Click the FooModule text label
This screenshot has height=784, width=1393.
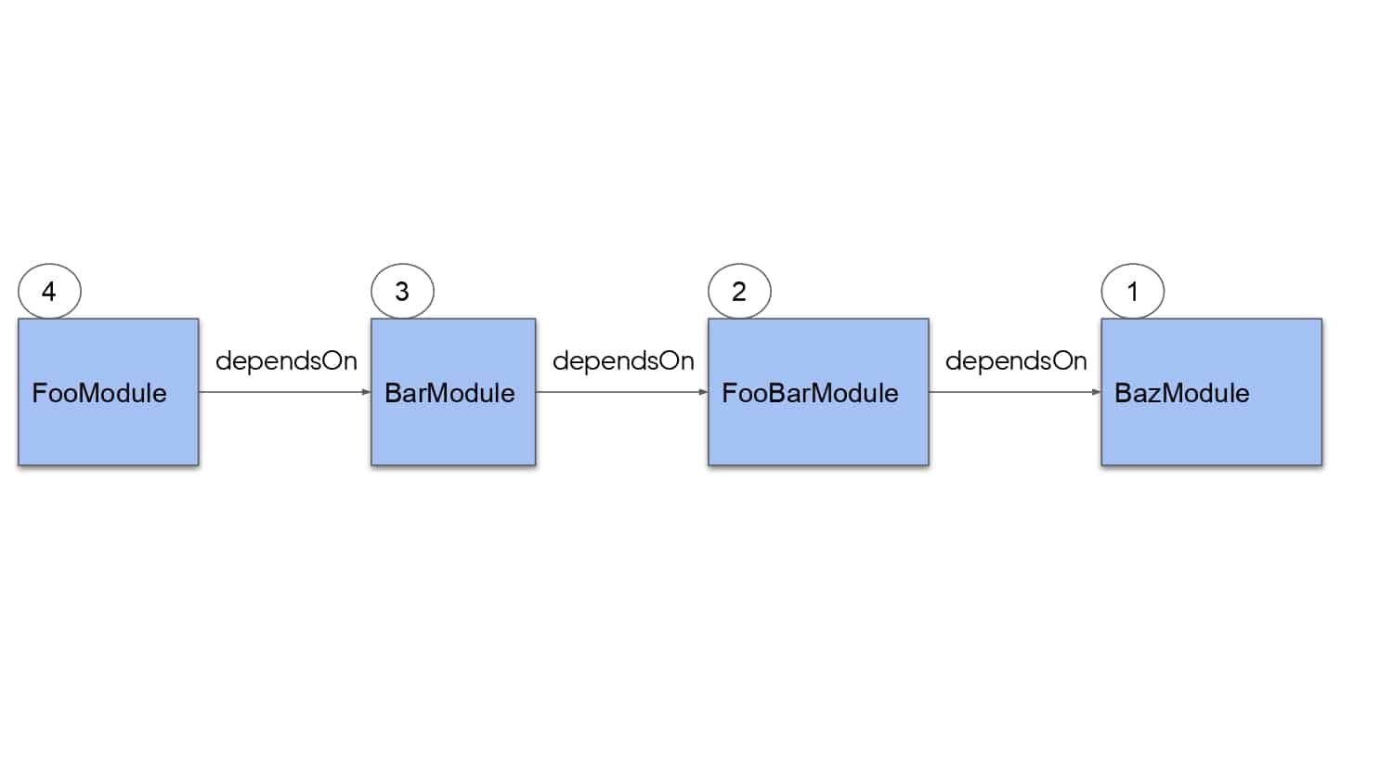point(99,393)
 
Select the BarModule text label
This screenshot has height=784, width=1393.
point(449,393)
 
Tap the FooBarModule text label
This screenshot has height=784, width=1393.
point(810,393)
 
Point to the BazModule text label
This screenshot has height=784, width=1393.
point(1181,393)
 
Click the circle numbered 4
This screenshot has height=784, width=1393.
point(49,265)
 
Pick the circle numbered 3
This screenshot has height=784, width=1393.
point(402,265)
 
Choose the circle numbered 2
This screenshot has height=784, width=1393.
point(739,265)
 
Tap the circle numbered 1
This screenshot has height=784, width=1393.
point(1132,265)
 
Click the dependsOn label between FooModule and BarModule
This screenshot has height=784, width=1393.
point(286,361)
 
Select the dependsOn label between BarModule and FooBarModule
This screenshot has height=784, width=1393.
point(623,361)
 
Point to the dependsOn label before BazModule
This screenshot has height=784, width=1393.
point(1016,361)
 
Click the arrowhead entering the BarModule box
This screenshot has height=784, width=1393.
point(366,392)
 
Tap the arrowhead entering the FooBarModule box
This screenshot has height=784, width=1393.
point(703,392)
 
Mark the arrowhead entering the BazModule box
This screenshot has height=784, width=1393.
point(1097,392)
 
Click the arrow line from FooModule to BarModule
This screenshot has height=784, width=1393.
point(285,392)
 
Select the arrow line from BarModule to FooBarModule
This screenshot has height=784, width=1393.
point(622,392)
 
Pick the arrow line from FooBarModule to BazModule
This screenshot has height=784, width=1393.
point(1015,392)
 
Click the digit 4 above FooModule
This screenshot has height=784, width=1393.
point(48,291)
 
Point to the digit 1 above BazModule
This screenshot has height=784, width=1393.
point(1132,291)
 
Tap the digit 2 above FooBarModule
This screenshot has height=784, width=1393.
point(739,291)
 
